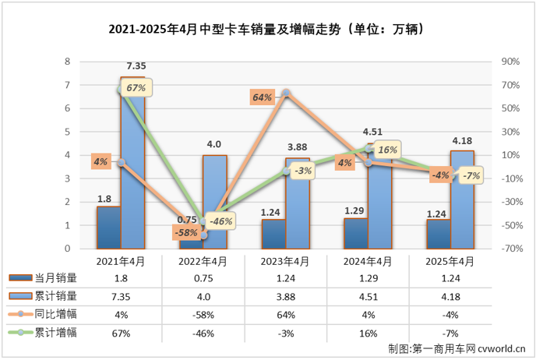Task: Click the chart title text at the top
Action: [x=267, y=29]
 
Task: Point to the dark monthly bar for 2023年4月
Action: [x=273, y=234]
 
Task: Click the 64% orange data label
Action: [x=262, y=97]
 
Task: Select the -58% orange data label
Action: [x=184, y=233]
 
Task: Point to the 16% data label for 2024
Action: [x=386, y=150]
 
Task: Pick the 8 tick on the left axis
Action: [x=68, y=62]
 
